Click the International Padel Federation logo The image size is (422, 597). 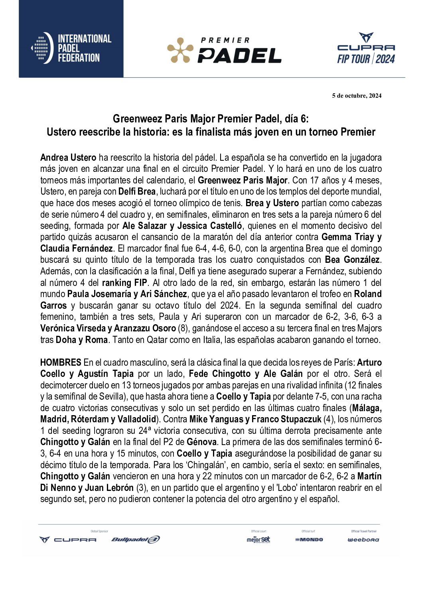[x=71, y=49]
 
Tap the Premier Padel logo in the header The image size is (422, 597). [x=224, y=50]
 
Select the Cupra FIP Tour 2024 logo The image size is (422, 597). [x=366, y=49]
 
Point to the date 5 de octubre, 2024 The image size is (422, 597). [x=357, y=96]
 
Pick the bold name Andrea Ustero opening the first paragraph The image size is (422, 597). [x=68, y=157]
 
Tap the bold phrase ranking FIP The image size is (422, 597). [x=125, y=283]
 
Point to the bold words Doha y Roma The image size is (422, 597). [x=82, y=340]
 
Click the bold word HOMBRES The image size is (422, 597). [x=61, y=363]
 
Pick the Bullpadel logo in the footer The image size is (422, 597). [x=135, y=540]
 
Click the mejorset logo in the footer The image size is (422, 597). [x=258, y=539]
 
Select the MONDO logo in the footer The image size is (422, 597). [x=309, y=540]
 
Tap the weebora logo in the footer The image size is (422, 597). [x=363, y=540]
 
